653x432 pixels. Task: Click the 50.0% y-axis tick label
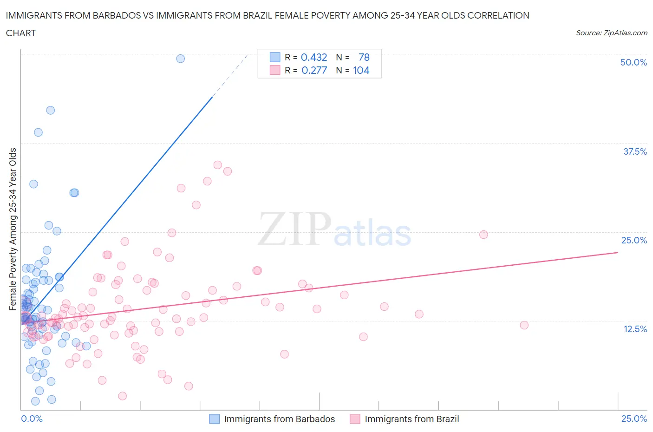coord(633,62)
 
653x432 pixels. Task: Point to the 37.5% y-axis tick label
coord(635,151)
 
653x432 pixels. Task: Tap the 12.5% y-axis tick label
coord(635,329)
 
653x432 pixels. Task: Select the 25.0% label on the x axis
coord(634,419)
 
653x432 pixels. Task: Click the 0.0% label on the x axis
coord(32,419)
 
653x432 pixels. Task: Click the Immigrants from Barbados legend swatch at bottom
coord(214,419)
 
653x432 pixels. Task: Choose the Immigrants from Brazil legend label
coord(411,419)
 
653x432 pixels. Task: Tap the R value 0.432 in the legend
coord(314,57)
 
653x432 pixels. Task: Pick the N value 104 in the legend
coord(361,70)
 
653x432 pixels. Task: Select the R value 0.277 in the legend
coord(314,70)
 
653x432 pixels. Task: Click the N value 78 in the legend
coord(364,57)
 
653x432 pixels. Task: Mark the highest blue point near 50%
coord(180,59)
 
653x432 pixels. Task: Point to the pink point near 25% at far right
coord(483,235)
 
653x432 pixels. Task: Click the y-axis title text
coord(13,229)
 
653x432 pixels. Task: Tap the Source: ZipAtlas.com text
coord(611,33)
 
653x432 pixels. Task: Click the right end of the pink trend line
coord(618,252)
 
